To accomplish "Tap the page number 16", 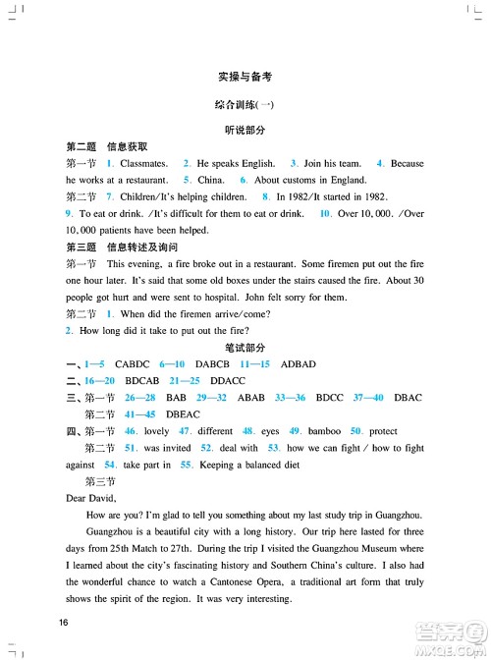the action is (64, 623).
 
